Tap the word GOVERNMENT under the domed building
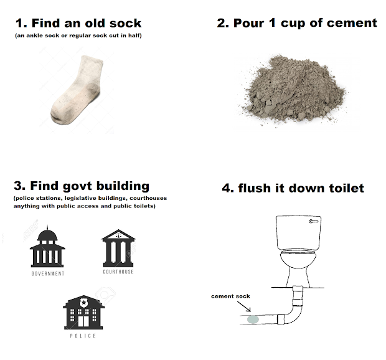48,273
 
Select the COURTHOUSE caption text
118,272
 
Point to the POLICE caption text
83,336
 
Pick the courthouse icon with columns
118,249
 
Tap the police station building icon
83,312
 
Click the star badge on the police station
83,302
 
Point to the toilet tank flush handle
314,221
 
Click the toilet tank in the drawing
299,233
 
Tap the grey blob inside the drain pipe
253,320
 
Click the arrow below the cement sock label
244,306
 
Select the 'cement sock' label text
230,296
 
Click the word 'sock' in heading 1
125,23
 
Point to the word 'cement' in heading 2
352,23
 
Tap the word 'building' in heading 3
123,186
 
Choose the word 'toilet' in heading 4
347,188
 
